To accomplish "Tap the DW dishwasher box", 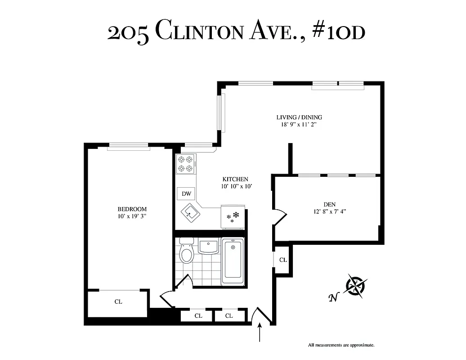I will click(186, 194).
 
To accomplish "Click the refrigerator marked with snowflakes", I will click(232, 216).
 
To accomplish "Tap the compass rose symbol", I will click(356, 286).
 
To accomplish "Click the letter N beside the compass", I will click(333, 297).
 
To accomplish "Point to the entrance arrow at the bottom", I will click(260, 335).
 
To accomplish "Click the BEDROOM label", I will click(132, 209).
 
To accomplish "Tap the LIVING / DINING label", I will click(299, 117).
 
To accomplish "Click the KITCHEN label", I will click(234, 179).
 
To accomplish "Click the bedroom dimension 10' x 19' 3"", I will click(132, 216).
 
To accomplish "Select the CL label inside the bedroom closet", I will click(118, 302).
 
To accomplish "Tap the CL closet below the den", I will click(283, 260).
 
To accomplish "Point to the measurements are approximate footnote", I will click(341, 345).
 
